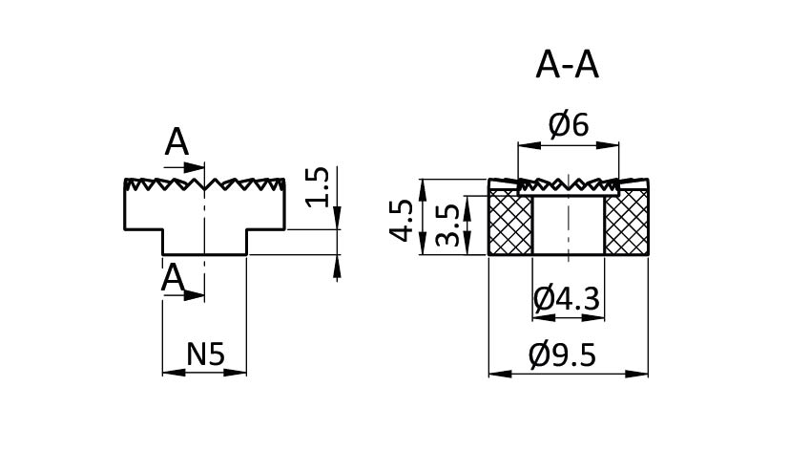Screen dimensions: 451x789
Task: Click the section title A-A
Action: point(568,65)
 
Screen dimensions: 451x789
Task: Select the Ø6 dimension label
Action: point(568,124)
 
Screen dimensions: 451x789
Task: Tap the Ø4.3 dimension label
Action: point(567,299)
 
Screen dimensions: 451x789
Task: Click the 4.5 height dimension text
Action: point(403,220)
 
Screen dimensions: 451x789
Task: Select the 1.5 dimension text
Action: point(320,187)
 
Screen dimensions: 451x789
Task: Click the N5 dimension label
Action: point(204,354)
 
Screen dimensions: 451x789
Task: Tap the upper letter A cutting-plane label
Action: point(176,142)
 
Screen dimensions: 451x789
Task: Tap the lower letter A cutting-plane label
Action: point(173,278)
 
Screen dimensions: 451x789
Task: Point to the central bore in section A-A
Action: point(568,225)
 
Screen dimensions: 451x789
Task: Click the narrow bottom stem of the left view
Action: point(204,243)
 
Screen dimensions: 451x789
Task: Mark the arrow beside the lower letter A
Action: point(197,295)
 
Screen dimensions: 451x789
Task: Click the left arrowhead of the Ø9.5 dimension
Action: point(495,374)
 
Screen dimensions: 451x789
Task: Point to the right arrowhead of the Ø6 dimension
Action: point(612,146)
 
